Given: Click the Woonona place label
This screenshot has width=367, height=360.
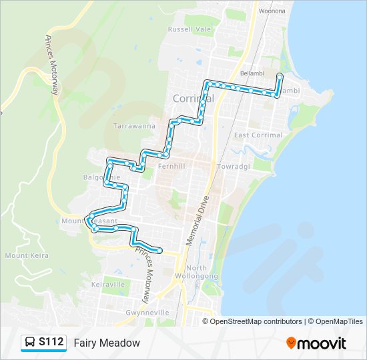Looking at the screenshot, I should coord(272,11).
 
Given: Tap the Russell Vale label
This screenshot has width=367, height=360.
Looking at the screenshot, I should coord(189,29).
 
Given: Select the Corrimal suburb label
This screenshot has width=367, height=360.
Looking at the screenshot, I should coord(194,98).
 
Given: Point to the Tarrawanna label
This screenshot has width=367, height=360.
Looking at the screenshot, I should coord(134,126).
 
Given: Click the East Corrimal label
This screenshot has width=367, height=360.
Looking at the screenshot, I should coord(258,135).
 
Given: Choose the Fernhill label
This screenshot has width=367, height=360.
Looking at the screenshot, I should coord(173,166).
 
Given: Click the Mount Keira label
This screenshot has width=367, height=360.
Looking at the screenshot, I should coord(25,255).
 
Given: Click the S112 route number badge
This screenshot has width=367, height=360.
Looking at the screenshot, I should coord(51,342).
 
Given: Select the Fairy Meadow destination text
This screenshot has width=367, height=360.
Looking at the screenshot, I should coord(107,343).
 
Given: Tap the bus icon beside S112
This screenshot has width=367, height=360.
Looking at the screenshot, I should coord(31,343).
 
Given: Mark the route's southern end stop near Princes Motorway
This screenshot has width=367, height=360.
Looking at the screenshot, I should coord(160,251).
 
